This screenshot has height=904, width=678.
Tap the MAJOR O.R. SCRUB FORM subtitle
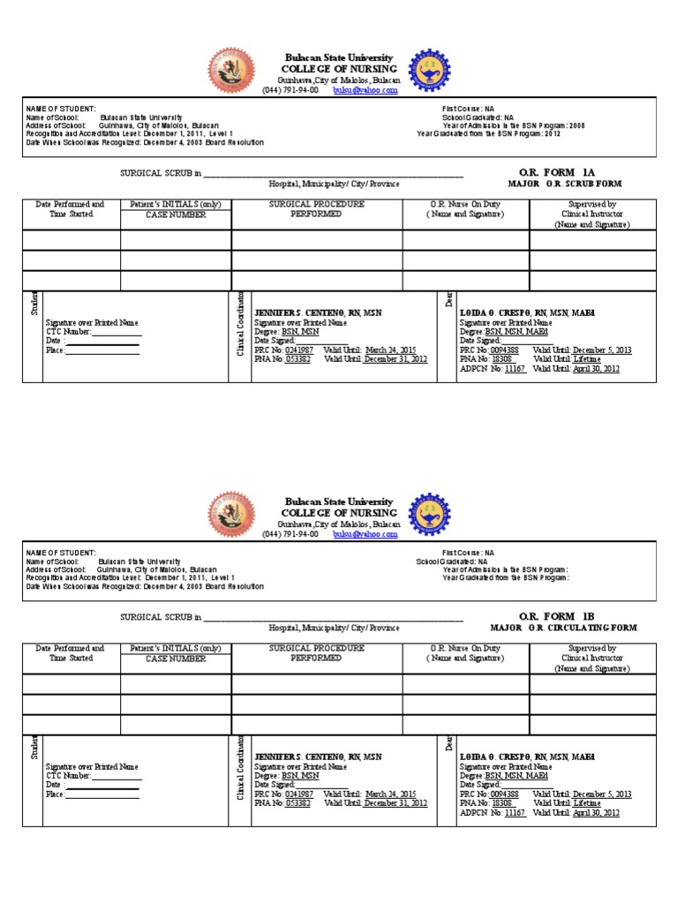pos(565,185)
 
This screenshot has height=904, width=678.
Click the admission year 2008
pos(576,126)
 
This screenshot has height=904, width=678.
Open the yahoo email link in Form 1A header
pos(365,90)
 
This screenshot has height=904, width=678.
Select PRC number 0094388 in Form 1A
pos(501,350)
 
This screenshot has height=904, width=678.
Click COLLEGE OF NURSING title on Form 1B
pos(339,513)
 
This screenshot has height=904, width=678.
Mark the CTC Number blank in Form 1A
pos(116,332)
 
